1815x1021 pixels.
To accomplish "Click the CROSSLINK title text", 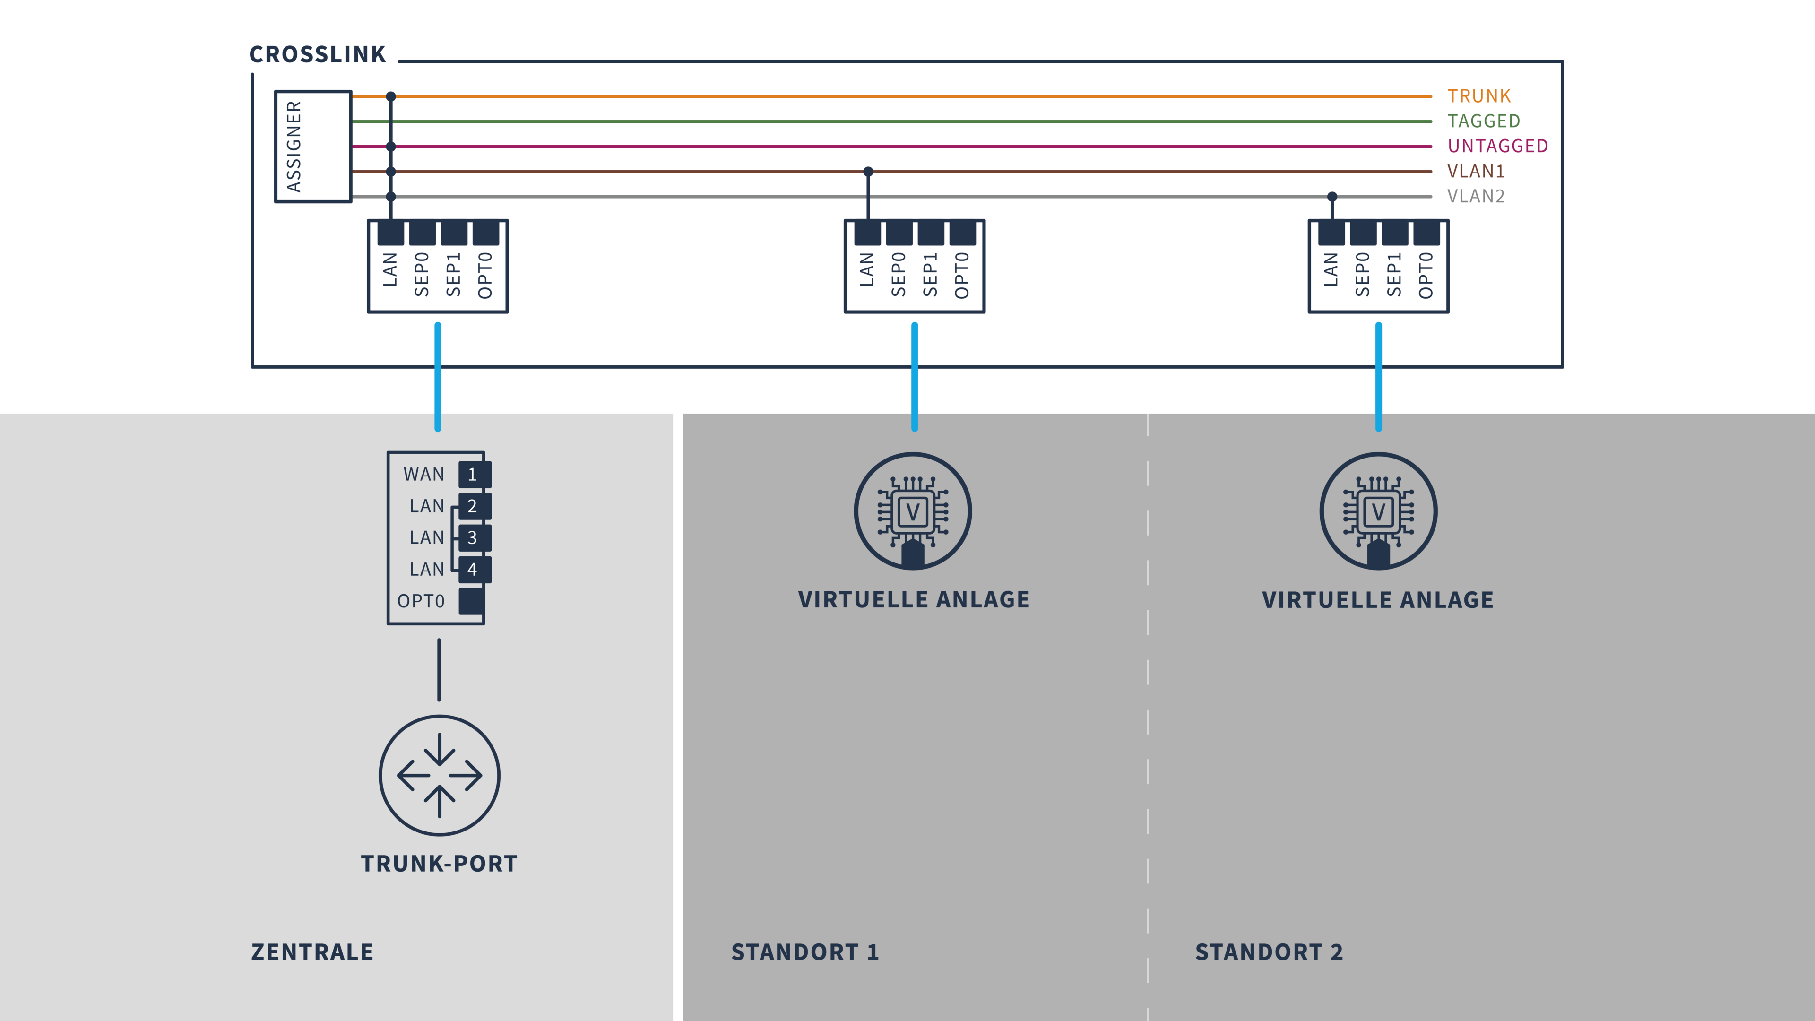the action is (x=318, y=54).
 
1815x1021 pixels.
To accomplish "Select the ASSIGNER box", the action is (x=313, y=147).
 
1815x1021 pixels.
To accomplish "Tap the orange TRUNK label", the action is (x=1479, y=96).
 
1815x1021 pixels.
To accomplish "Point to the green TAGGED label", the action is (x=1484, y=121).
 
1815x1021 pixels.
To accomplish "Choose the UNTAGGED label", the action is (x=1498, y=146).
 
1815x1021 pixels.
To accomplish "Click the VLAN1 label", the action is (x=1476, y=171).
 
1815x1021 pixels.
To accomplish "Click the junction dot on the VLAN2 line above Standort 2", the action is (x=1331, y=197).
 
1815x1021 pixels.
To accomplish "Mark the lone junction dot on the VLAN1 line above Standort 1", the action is (x=868, y=171).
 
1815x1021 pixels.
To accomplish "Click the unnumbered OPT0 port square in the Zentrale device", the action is (x=471, y=601).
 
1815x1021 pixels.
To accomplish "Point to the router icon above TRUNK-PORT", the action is (x=440, y=775).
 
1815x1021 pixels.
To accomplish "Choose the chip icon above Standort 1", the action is (x=913, y=511).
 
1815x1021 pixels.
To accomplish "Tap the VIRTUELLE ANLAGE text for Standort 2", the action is (x=1377, y=600).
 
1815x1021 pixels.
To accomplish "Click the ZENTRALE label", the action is (x=312, y=952).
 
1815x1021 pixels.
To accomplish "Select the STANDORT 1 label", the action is (x=804, y=952).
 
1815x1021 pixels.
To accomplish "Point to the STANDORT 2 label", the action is (x=1269, y=952).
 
